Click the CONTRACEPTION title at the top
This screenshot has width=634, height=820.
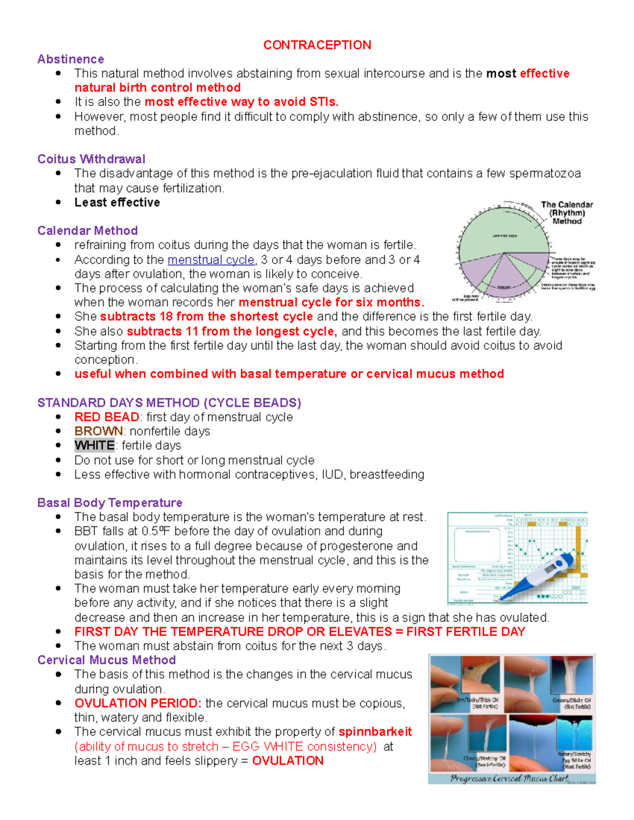(x=317, y=45)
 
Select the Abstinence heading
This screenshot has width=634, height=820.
(x=70, y=59)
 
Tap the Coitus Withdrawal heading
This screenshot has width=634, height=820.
(x=91, y=159)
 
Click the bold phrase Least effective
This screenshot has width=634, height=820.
(x=117, y=202)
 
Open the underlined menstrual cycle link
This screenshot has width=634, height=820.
(x=211, y=260)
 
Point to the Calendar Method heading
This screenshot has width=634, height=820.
(x=87, y=231)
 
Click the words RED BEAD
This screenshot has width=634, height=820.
(x=106, y=417)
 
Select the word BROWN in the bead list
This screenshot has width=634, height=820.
(x=98, y=431)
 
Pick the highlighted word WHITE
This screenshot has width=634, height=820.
(x=94, y=446)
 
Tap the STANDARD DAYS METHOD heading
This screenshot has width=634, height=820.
(x=169, y=403)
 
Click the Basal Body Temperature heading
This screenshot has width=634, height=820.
(x=109, y=503)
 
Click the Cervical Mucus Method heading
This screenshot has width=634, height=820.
(x=106, y=660)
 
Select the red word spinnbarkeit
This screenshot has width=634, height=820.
(x=375, y=732)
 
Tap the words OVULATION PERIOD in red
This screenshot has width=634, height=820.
(x=137, y=703)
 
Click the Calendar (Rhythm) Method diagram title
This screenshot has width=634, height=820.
(x=566, y=213)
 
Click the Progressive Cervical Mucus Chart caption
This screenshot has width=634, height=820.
(x=508, y=778)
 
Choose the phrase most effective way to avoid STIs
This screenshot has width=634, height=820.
(x=241, y=102)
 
